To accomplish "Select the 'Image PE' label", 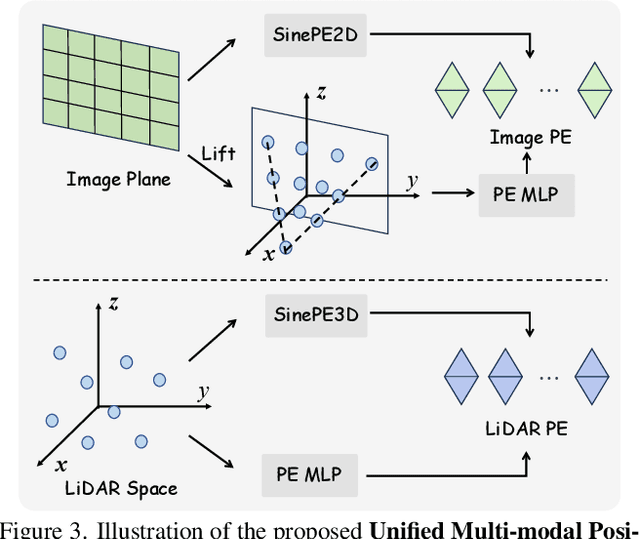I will pos(530,138).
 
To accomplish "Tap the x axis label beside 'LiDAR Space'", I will pos(62,463).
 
